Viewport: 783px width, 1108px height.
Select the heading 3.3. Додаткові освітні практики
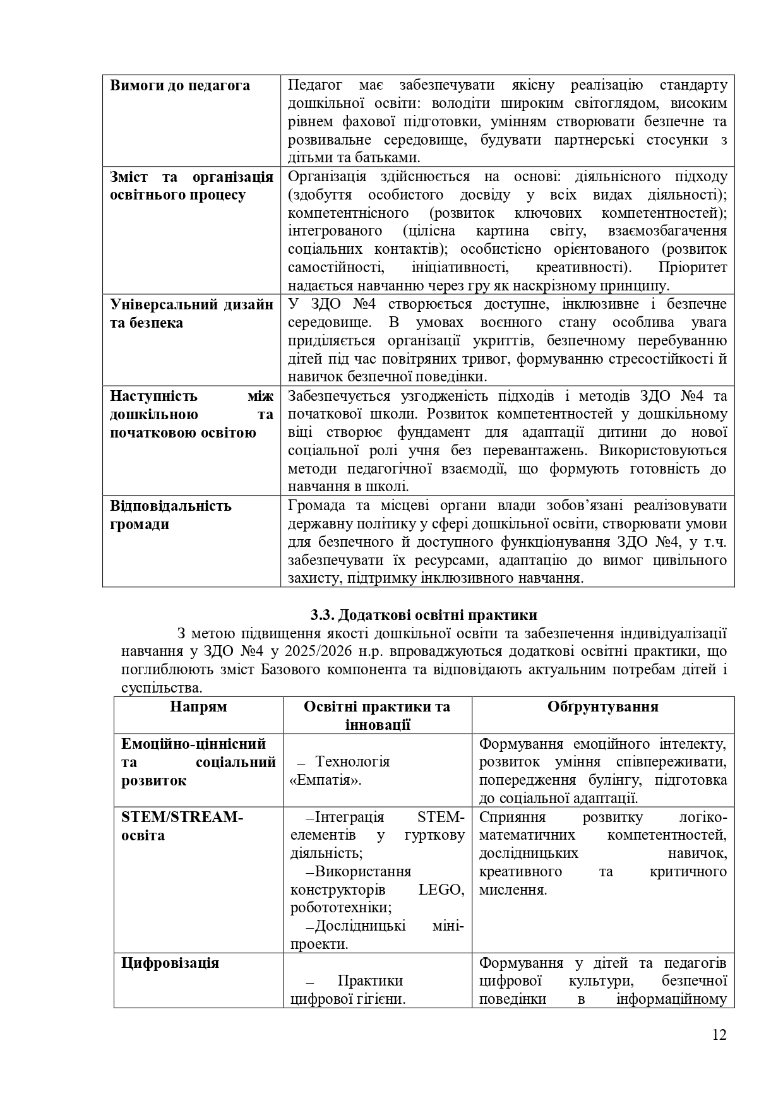point(424,615)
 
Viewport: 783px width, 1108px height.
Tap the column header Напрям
point(198,706)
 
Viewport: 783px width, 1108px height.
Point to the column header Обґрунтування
point(603,706)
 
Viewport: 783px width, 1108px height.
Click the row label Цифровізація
point(170,963)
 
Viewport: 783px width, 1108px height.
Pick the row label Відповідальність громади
point(170,515)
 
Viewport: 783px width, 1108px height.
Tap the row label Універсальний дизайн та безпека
point(191,313)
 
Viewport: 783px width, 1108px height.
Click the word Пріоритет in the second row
point(692,268)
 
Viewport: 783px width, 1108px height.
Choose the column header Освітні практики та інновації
point(377,715)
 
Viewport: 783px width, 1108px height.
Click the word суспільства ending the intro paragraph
point(161,688)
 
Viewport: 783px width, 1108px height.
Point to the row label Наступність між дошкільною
point(191,414)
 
